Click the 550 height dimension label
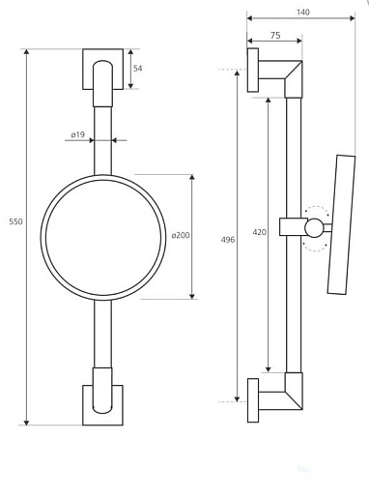[15, 221]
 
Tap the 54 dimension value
[138, 68]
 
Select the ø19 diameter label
[78, 134]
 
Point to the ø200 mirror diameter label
[181, 235]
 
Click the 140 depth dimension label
[303, 12]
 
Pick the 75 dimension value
[275, 35]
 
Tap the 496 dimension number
[228, 240]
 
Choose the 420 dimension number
[260, 232]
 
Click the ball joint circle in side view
[314, 228]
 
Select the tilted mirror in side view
[341, 224]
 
